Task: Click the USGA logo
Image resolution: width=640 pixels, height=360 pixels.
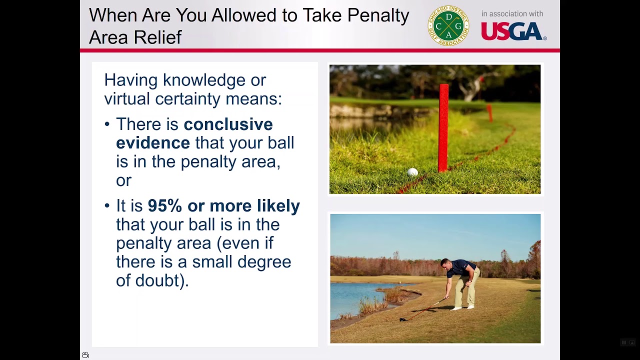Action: click(x=513, y=31)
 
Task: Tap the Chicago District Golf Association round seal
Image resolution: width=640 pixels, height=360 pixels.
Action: click(x=448, y=25)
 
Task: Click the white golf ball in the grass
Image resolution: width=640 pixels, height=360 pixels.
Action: click(x=412, y=172)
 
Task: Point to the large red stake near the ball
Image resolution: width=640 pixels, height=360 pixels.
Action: click(x=443, y=128)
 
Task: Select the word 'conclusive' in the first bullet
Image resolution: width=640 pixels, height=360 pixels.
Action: click(x=228, y=124)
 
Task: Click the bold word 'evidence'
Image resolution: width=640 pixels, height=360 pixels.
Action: click(x=153, y=143)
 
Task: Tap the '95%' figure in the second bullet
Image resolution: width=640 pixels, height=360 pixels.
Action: click(x=165, y=205)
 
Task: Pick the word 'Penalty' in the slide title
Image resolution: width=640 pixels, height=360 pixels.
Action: click(x=378, y=15)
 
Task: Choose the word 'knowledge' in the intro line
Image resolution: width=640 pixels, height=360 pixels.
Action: click(x=204, y=80)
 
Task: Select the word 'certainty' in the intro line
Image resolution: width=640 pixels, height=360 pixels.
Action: click(x=187, y=99)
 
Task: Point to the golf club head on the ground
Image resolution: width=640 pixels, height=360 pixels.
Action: click(x=403, y=319)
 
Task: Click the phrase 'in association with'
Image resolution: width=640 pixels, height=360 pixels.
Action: click(x=512, y=13)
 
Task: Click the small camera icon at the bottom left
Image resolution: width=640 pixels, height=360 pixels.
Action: click(x=85, y=355)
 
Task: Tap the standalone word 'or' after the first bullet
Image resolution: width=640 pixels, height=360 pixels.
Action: click(x=123, y=181)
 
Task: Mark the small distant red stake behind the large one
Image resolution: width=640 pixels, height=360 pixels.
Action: click(x=489, y=113)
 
